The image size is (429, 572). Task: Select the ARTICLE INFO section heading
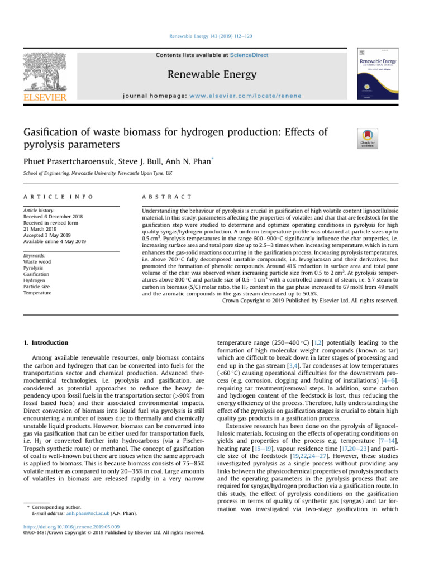[x=55, y=197]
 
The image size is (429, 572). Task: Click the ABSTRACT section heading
[x=168, y=197]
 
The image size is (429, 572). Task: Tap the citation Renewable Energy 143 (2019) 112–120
[x=214, y=36]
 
